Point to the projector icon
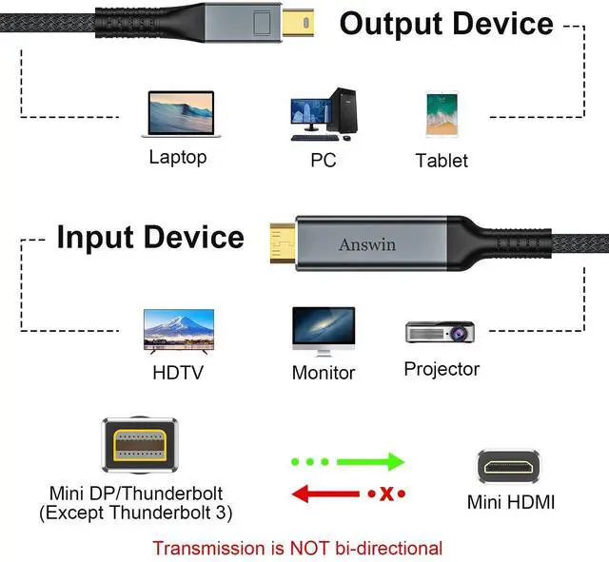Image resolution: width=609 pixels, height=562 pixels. coord(442,332)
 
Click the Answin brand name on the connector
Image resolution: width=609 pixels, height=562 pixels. coord(368,244)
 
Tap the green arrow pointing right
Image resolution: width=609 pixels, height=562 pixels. coord(371,462)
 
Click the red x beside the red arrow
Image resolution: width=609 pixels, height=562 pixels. coord(386,494)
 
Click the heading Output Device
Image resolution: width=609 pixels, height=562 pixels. coord(446,23)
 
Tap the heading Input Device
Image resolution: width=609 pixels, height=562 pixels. coord(149,237)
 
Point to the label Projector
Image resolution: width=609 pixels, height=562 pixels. coord(442,368)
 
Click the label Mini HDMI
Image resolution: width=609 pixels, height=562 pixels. coord(511,502)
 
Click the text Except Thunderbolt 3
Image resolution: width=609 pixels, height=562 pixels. coord(135,514)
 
